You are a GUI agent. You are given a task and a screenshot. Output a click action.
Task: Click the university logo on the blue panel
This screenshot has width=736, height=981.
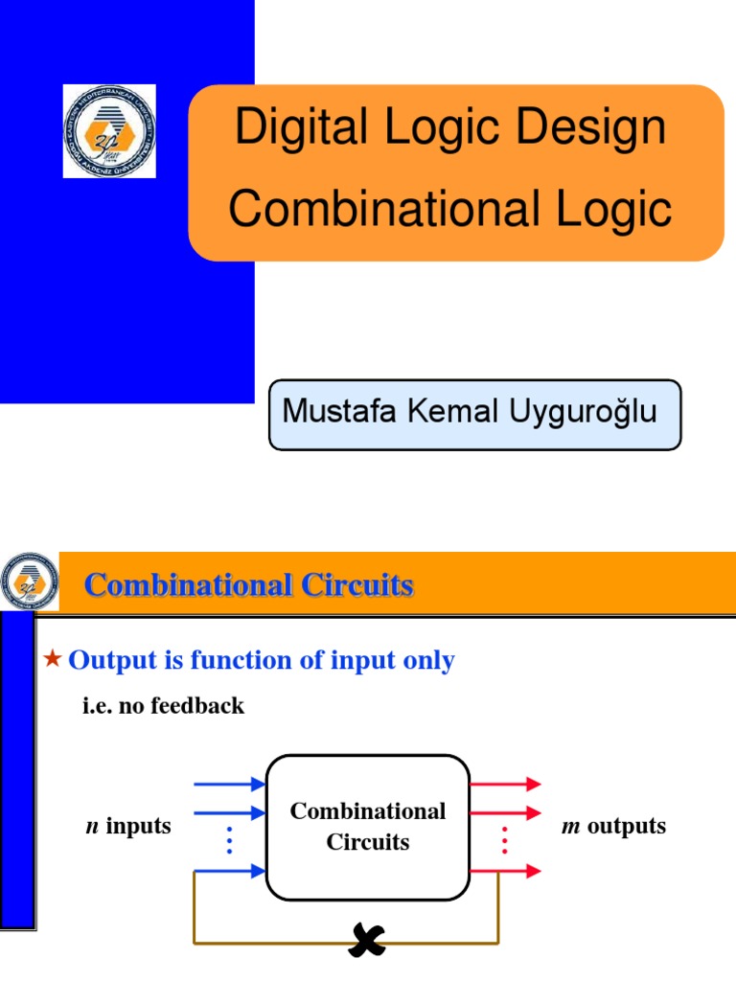click(x=109, y=131)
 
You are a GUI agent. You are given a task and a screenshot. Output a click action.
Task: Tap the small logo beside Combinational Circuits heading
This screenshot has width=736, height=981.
click(x=29, y=582)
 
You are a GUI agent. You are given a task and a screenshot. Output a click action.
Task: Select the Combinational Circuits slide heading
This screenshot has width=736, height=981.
click(x=249, y=584)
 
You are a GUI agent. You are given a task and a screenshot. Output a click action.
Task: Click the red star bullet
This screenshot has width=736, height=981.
click(x=54, y=658)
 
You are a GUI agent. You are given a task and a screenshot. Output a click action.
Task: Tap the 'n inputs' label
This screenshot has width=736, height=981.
click(x=128, y=826)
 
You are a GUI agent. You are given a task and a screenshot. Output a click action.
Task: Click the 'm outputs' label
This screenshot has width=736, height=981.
click(x=613, y=826)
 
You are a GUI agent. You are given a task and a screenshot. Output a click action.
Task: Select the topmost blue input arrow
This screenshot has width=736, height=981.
click(x=229, y=784)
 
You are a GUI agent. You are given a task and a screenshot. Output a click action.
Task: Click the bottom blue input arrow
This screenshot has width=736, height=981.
click(x=229, y=871)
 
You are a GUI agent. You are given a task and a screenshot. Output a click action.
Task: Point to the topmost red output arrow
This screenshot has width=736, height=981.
click(x=505, y=784)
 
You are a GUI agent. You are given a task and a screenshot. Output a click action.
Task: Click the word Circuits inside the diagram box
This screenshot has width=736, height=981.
click(x=368, y=842)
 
